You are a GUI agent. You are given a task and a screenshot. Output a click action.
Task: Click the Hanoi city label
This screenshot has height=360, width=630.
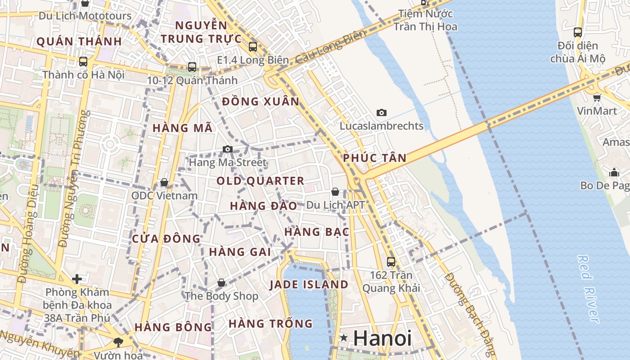click(x=382, y=338)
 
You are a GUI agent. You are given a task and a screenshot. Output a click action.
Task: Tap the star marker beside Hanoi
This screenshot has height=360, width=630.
click(x=344, y=337)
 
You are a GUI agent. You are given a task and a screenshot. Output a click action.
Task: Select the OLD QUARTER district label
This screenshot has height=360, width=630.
click(x=261, y=181)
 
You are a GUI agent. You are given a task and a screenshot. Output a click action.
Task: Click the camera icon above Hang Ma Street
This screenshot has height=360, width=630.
click(x=228, y=149)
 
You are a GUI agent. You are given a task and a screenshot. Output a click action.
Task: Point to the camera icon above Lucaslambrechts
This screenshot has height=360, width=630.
click(x=382, y=112)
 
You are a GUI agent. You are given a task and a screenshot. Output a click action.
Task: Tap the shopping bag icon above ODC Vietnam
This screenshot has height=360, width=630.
click(x=164, y=182)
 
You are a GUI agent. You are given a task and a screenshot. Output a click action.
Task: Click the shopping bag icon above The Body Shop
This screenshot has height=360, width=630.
click(x=221, y=283)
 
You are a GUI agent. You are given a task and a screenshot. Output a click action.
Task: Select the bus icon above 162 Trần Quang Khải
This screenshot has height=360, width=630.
click(x=391, y=261)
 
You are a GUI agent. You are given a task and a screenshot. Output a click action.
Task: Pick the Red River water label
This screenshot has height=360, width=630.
click(x=589, y=289)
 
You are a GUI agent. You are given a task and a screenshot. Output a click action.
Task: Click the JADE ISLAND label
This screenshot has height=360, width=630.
click(x=309, y=284)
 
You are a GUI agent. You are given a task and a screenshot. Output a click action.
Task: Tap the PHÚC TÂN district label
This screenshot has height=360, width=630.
click(x=374, y=158)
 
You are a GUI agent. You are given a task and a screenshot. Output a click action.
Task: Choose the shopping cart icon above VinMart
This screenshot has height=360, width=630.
click(x=597, y=98)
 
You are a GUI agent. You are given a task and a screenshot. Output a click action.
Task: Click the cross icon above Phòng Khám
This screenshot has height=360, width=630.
click(x=77, y=279)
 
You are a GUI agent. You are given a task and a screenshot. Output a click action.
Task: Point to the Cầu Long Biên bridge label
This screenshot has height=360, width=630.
click(x=325, y=49)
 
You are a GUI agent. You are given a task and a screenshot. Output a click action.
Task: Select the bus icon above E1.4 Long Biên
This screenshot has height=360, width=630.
click(x=253, y=46)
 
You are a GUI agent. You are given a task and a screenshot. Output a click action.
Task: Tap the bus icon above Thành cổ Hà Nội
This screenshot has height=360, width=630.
click(x=83, y=62)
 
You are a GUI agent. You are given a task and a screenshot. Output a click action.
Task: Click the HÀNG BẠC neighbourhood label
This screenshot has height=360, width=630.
click(x=317, y=232)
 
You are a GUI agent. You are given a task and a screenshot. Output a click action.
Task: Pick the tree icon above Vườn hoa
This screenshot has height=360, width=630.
click(x=118, y=342)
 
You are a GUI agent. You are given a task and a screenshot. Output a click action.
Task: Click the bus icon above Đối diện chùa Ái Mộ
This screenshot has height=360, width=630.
click(x=578, y=32)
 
